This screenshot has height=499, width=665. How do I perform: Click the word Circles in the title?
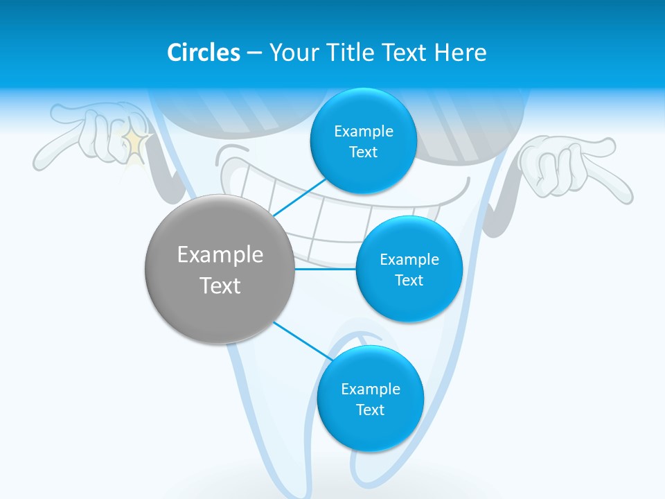point(203,53)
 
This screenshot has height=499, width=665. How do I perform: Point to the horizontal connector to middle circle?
point(326,269)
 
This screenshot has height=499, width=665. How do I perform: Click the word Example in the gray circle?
point(220,254)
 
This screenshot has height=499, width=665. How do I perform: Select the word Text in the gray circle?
point(220,286)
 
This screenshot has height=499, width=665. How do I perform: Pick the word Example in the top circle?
point(363,131)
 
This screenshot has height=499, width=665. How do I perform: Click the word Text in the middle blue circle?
point(409,280)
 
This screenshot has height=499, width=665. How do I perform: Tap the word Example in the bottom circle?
point(370,389)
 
